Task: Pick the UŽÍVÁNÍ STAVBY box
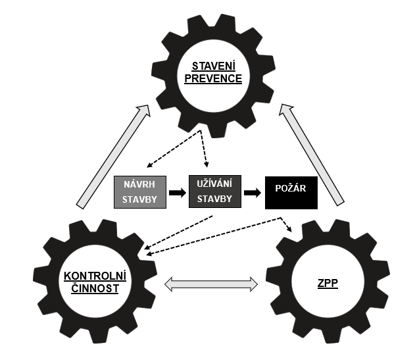coord(215,192)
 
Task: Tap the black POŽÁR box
coord(291,192)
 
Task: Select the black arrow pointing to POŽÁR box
coord(253,193)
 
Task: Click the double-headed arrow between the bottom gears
coord(210,284)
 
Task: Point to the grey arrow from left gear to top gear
coord(112,158)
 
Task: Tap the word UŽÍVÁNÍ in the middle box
coord(215,184)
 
